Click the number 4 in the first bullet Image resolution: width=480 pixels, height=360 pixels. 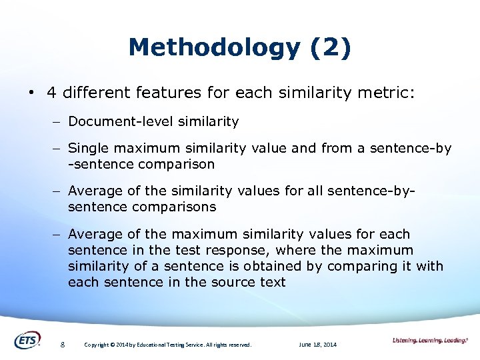[x=51, y=92]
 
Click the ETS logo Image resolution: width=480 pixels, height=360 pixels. [x=27, y=340]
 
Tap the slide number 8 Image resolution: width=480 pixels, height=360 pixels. [x=62, y=345]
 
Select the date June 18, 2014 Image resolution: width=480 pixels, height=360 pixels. [x=318, y=345]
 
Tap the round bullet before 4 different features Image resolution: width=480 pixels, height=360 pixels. [x=31, y=93]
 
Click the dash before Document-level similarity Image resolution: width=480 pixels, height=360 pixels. [x=58, y=122]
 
